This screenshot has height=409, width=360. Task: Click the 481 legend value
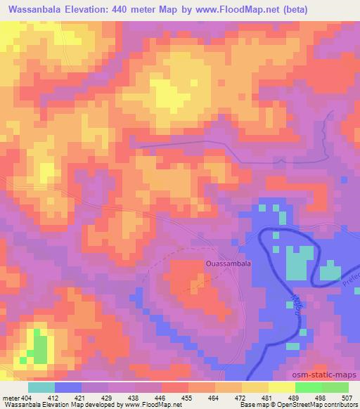click(268, 397)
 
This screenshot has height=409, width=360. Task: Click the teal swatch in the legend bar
click(41, 387)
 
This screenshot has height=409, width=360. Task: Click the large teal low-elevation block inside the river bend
click(300, 263)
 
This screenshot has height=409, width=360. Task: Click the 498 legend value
click(321, 397)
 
